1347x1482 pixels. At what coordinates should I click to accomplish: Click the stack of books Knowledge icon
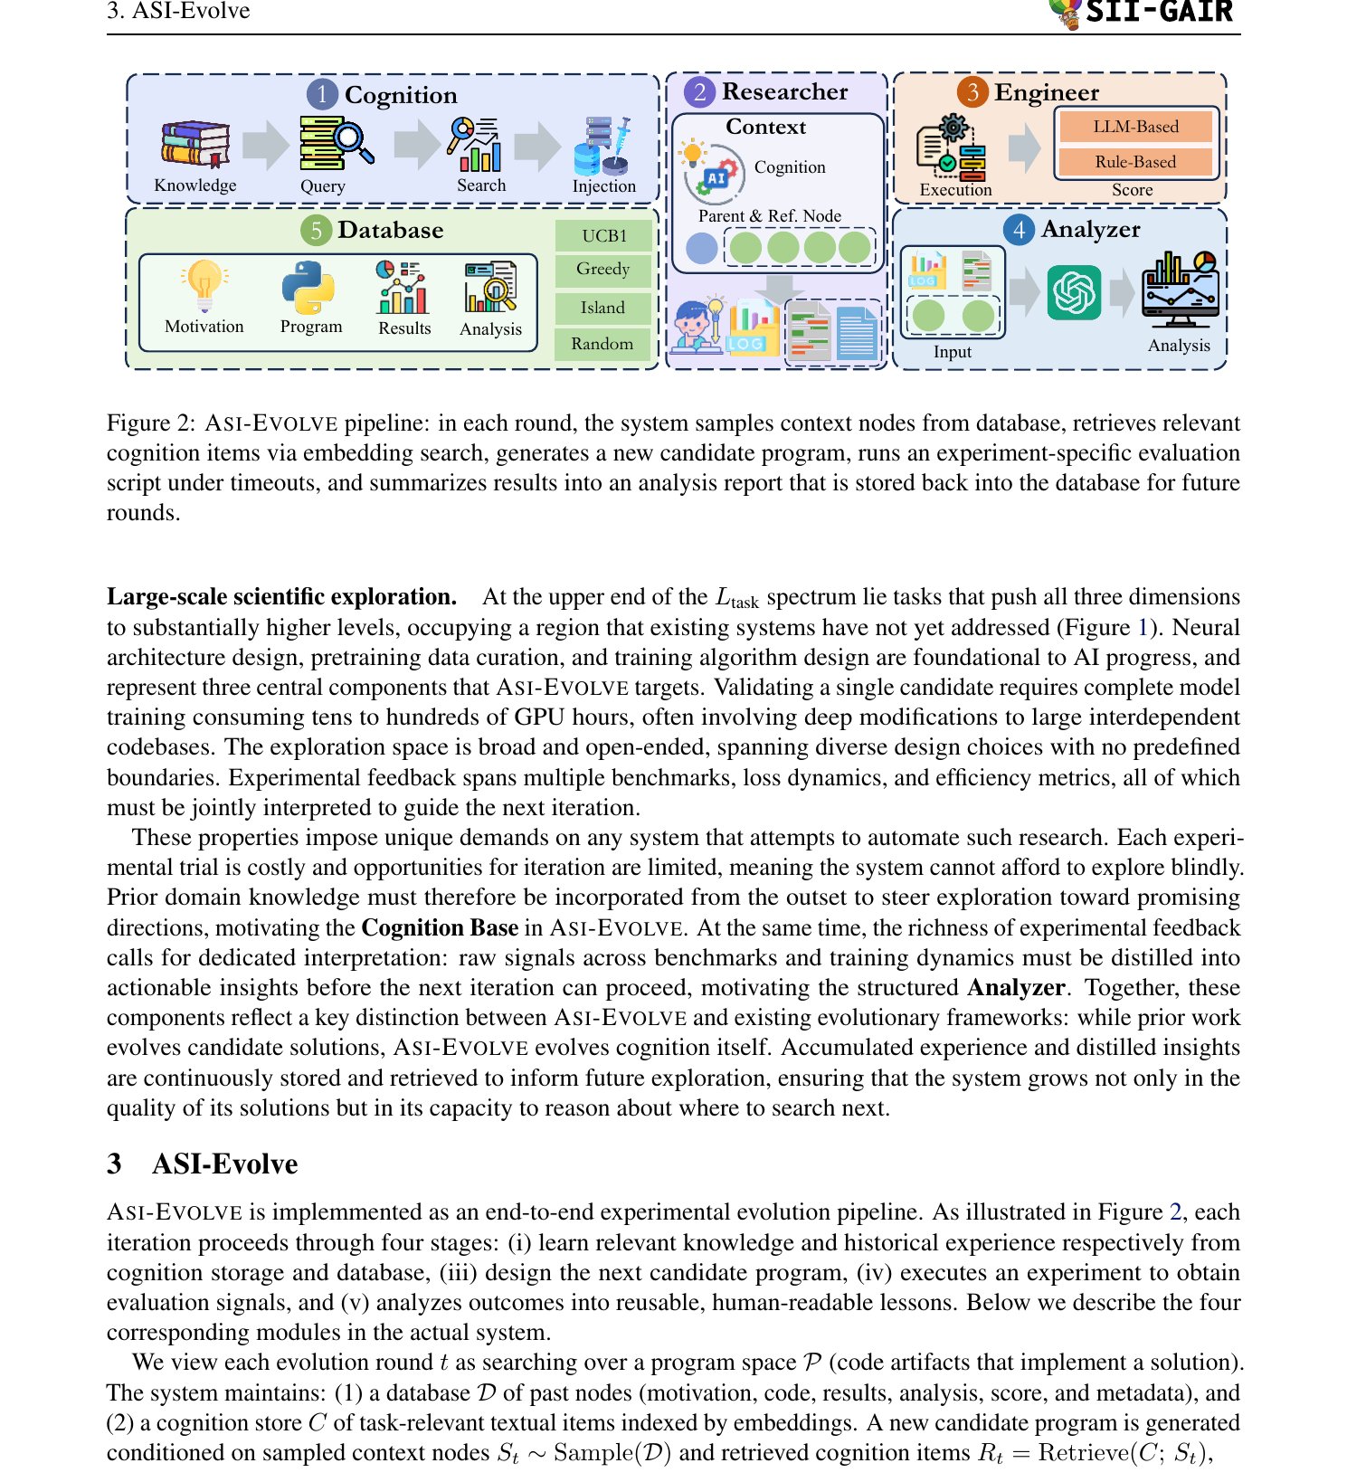point(194,144)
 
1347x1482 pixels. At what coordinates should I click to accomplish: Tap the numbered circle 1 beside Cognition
point(322,95)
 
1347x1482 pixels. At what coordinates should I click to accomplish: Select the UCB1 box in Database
point(603,235)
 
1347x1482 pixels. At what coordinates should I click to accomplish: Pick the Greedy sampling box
point(603,269)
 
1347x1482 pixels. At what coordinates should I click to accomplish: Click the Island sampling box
point(603,308)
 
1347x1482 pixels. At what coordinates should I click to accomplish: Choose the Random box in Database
point(603,344)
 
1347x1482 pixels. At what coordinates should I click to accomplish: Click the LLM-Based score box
point(1135,127)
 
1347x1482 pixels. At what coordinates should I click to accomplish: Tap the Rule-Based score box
point(1135,162)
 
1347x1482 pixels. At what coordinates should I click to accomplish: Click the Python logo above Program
point(308,287)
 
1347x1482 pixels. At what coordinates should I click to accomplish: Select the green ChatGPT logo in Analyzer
point(1074,291)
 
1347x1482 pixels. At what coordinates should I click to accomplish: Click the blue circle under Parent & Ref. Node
point(701,247)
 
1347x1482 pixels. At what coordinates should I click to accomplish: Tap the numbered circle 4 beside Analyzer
point(1020,230)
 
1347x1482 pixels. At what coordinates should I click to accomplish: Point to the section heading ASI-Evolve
point(224,1164)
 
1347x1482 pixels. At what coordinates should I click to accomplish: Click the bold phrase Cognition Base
point(440,927)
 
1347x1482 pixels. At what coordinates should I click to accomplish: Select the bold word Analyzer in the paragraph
point(1016,987)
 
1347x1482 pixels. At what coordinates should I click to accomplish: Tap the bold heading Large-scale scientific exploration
point(281,597)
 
